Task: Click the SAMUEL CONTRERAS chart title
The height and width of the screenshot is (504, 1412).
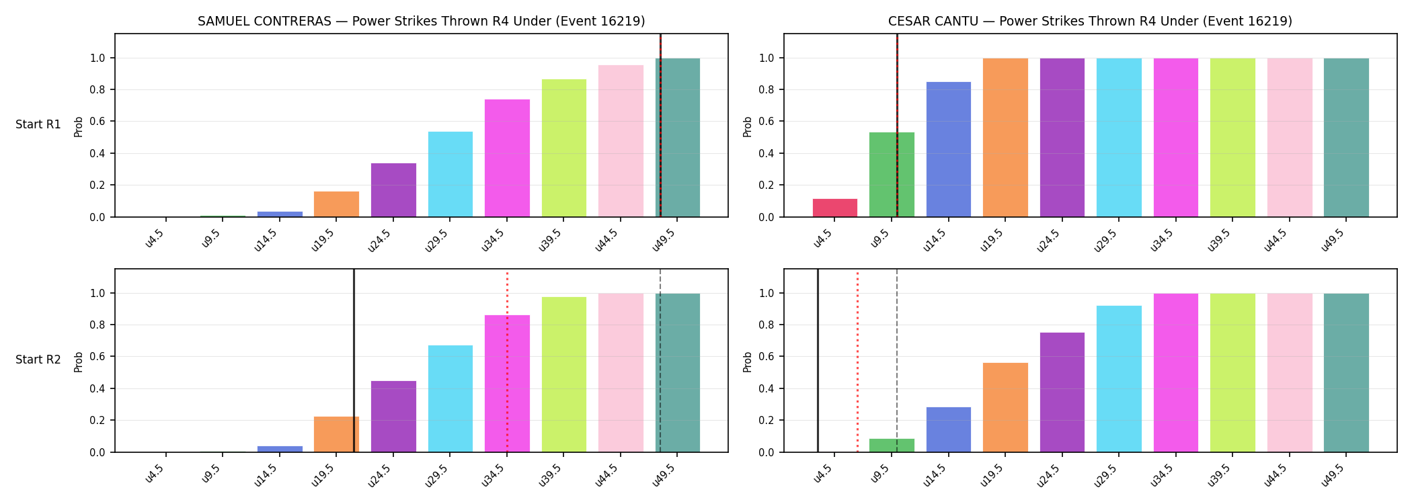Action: [x=422, y=21]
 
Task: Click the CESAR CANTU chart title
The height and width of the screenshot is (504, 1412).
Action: [x=1090, y=21]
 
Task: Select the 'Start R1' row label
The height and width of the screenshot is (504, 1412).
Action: [x=38, y=124]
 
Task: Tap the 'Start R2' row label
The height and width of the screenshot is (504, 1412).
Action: [x=38, y=360]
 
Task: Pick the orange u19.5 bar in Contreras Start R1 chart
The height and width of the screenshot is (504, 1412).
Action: [x=336, y=204]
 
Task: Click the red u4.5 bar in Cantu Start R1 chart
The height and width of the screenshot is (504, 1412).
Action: [x=835, y=208]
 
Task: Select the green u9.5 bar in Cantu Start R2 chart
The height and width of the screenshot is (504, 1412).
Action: [x=892, y=446]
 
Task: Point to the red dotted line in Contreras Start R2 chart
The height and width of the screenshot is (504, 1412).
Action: [x=507, y=362]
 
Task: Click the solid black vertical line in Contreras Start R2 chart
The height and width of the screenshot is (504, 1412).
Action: [x=354, y=360]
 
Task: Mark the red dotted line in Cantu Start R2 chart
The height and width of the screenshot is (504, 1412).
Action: [x=857, y=362]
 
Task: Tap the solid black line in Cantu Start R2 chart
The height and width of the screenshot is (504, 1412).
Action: [x=818, y=360]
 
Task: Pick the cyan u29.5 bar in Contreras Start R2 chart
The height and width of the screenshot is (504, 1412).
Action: [x=450, y=398]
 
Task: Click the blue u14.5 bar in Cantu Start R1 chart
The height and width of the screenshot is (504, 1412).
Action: [x=949, y=149]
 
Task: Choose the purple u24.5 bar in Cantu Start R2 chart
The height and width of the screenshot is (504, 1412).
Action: [x=1062, y=392]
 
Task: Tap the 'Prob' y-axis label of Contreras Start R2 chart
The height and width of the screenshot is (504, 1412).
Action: [x=79, y=362]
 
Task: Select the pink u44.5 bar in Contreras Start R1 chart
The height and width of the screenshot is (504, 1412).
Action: [x=621, y=141]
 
